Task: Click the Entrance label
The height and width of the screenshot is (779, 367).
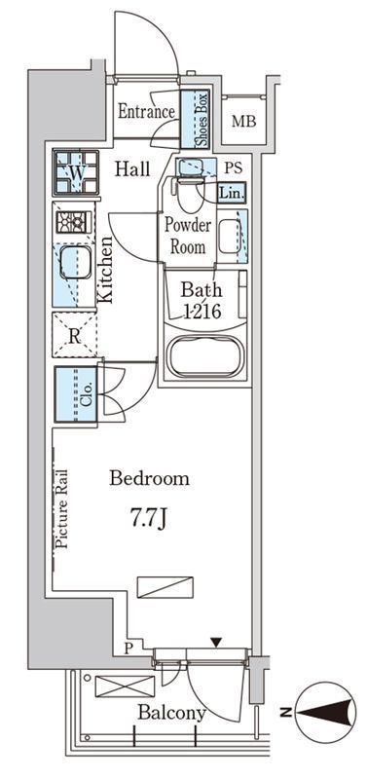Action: [146, 111]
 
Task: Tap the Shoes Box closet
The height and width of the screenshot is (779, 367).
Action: [195, 119]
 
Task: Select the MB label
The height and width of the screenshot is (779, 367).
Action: [244, 121]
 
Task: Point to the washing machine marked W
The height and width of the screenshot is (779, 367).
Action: [76, 172]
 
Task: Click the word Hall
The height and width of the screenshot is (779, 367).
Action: [132, 169]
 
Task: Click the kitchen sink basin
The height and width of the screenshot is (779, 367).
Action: [76, 262]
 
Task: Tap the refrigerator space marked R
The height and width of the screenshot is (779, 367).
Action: [75, 335]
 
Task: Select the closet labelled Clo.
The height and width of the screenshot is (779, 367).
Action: [76, 394]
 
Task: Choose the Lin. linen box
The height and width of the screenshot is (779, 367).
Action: [232, 192]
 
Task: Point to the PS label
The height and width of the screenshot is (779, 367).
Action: [233, 167]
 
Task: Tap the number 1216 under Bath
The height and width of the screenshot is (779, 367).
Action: [202, 312]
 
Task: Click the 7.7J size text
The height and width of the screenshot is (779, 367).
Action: [148, 519]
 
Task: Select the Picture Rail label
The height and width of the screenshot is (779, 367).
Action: [61, 507]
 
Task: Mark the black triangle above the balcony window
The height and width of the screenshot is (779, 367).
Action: [215, 643]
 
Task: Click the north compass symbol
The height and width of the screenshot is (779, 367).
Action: [326, 713]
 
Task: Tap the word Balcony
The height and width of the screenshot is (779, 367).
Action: [172, 713]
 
